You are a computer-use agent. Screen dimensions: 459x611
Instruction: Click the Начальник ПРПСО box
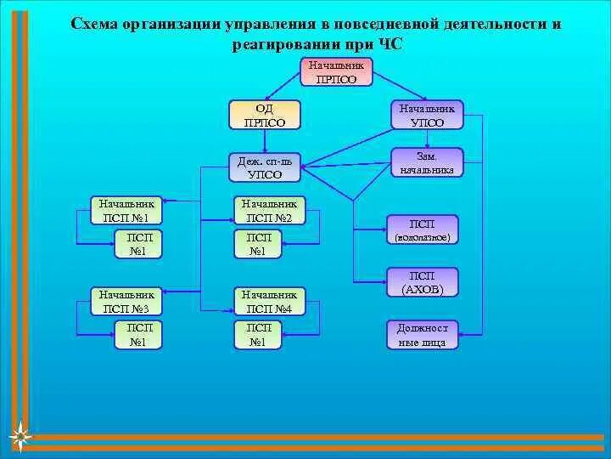pyautogui.click(x=336, y=71)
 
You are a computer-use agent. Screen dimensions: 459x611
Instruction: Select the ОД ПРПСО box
pyautogui.click(x=265, y=114)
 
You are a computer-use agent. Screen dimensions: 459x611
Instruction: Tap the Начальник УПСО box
pyautogui.click(x=427, y=114)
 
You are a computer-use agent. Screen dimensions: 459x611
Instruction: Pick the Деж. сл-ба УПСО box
pyautogui.click(x=265, y=167)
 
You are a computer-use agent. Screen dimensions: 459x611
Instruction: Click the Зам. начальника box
pyautogui.click(x=427, y=163)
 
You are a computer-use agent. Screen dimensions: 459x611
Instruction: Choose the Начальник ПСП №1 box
pyautogui.click(x=126, y=210)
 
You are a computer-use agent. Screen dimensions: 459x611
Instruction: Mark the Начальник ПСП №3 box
pyautogui.click(x=126, y=301)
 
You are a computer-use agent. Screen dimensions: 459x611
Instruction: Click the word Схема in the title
pyautogui.click(x=94, y=24)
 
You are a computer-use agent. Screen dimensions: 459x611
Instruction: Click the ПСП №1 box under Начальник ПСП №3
pyautogui.click(x=139, y=335)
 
